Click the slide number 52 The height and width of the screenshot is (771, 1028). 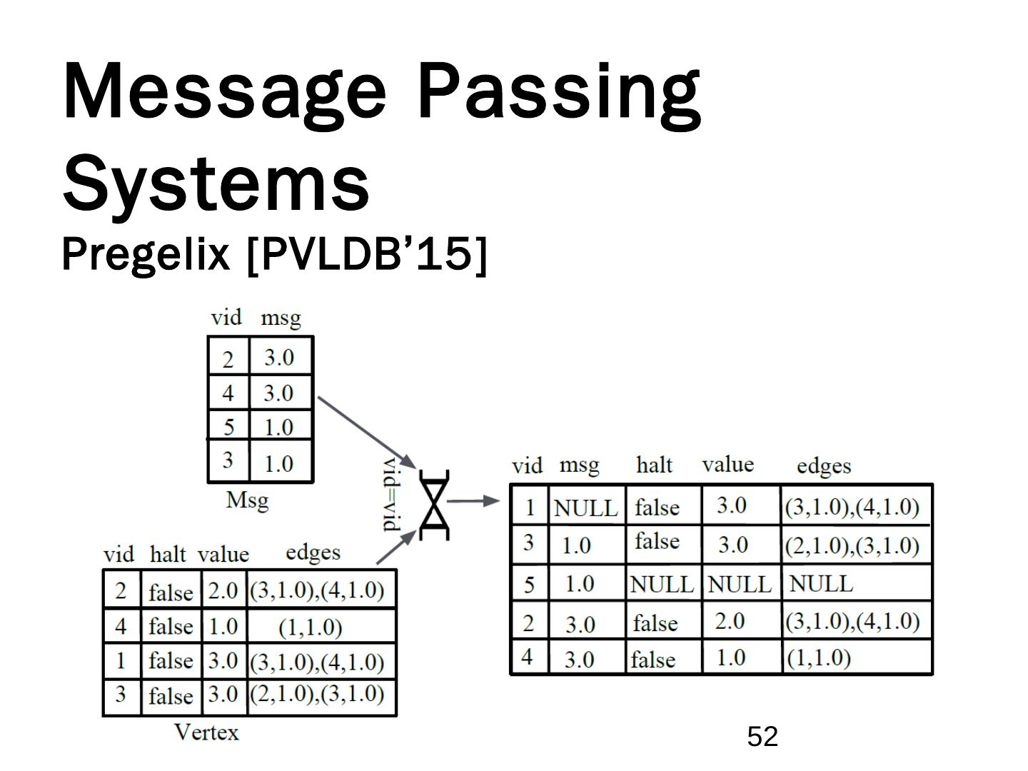point(762,736)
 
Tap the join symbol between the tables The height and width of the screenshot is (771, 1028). point(434,505)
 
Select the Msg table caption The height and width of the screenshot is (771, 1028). point(247,500)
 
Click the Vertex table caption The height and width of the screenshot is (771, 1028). point(206,732)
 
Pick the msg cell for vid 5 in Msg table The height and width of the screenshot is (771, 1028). point(278,427)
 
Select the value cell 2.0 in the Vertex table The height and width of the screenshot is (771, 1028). point(223,590)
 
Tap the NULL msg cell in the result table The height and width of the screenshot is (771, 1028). point(585,508)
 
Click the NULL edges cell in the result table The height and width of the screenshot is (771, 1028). point(821,584)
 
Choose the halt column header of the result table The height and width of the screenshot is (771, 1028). point(654,465)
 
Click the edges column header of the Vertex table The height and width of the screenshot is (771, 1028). point(313,552)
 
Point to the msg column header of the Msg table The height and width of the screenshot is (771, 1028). point(281,318)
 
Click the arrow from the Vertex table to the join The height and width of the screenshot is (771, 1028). point(395,548)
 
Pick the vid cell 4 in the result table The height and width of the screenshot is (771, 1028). point(528,657)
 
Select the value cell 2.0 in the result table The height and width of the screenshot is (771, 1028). point(730,621)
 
